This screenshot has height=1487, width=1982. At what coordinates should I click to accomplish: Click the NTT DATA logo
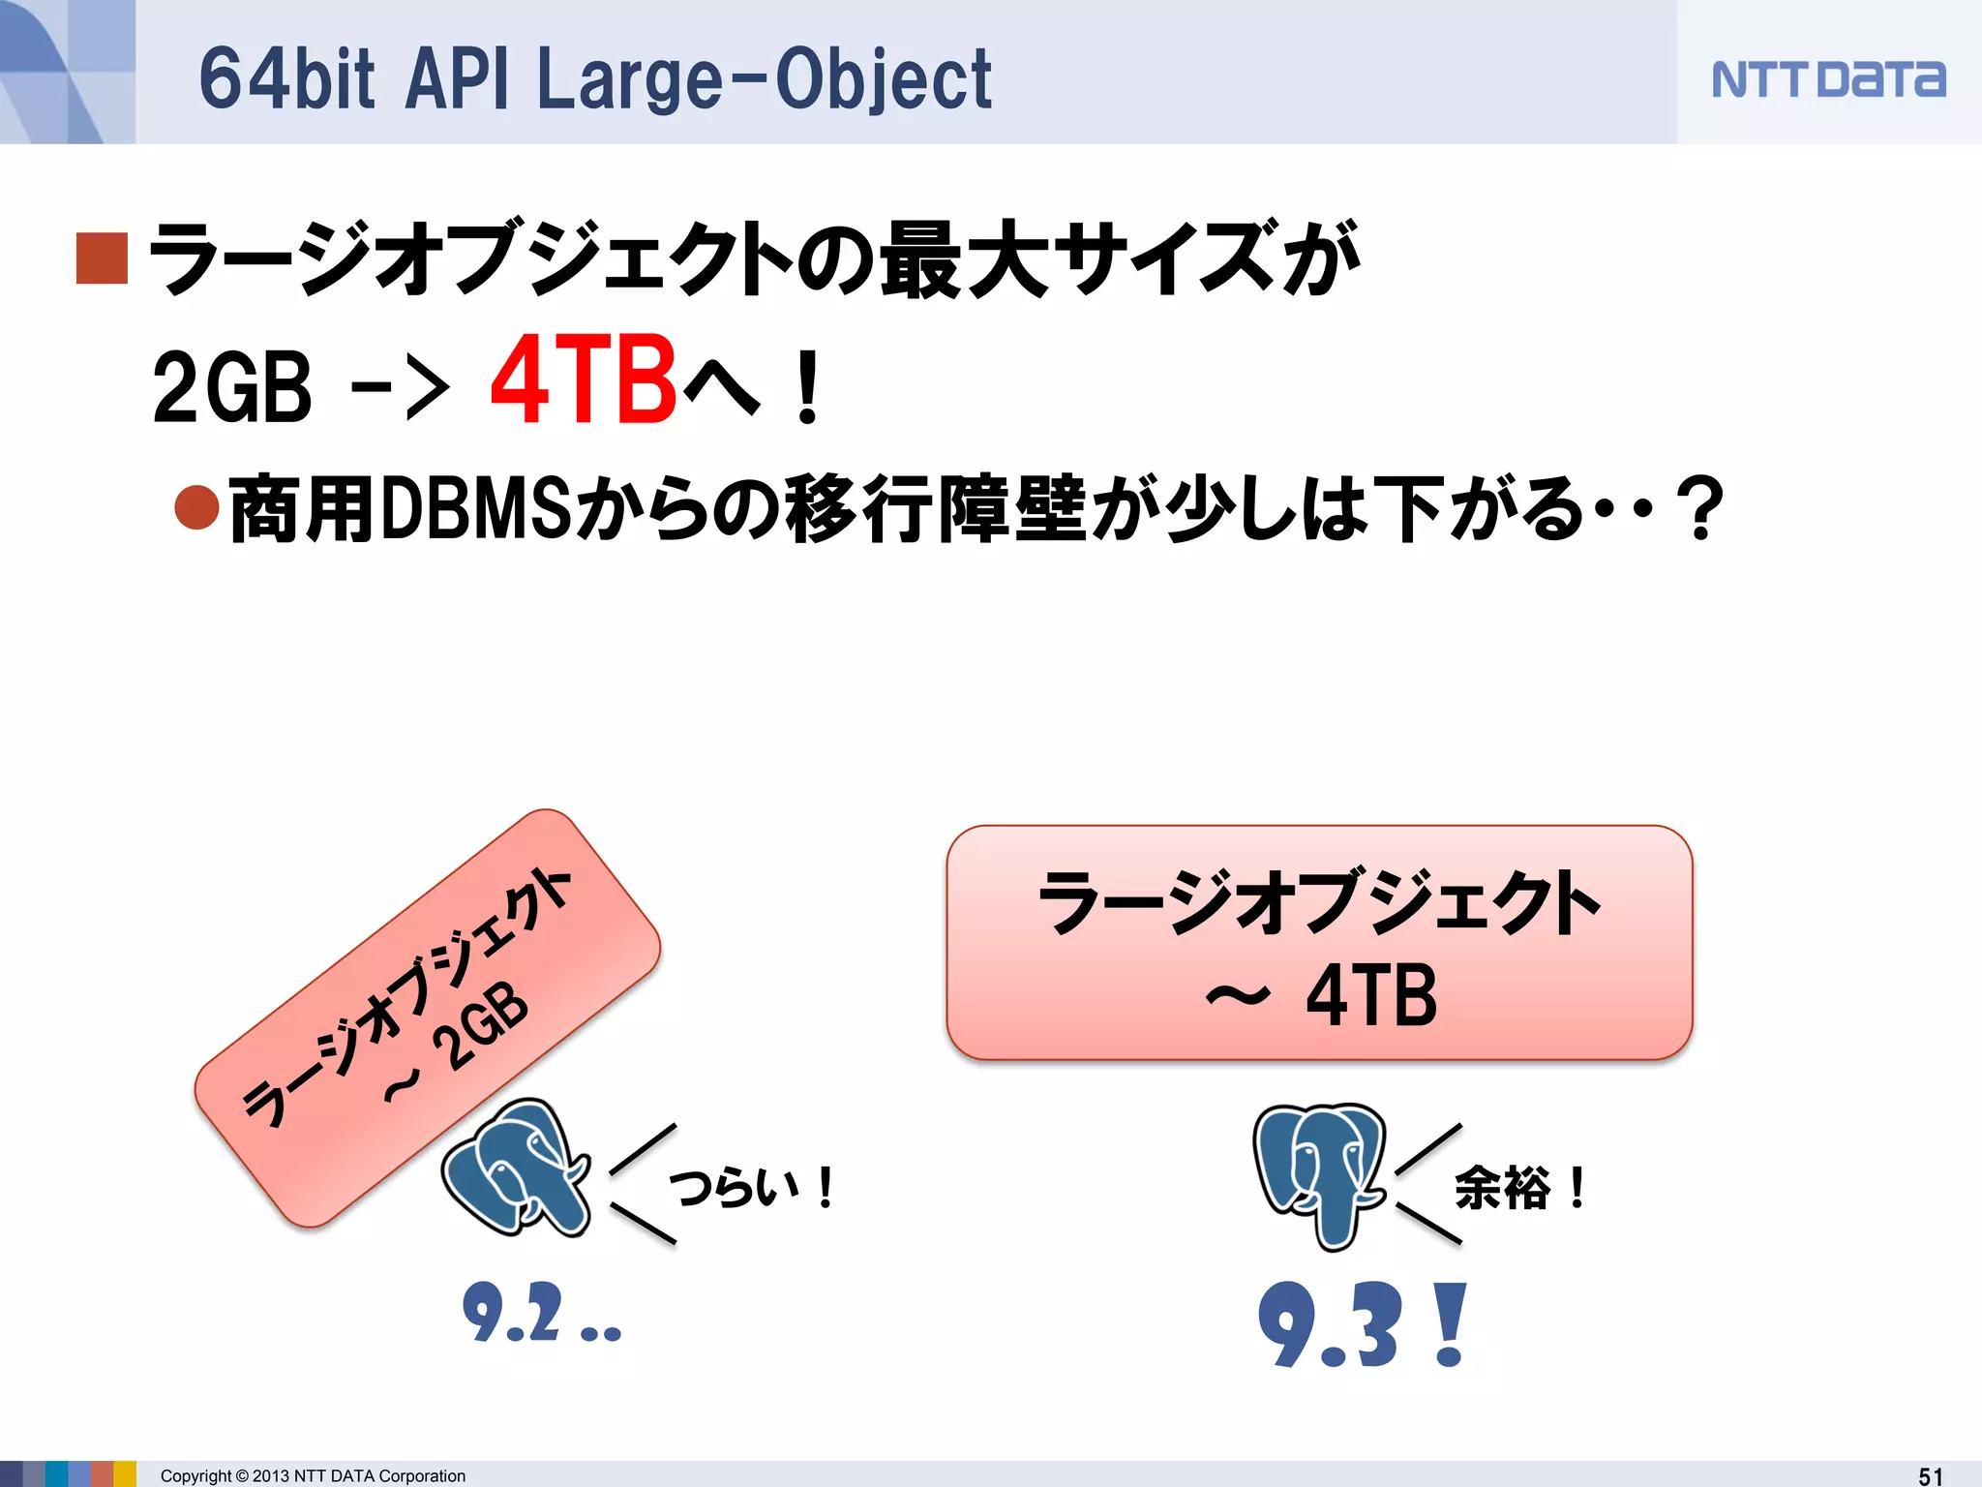[x=1827, y=79]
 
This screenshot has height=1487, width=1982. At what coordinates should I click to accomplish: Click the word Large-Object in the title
[x=764, y=79]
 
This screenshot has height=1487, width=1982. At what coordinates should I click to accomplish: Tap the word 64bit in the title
[x=286, y=79]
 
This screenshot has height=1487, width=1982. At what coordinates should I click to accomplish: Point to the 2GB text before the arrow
[x=232, y=387]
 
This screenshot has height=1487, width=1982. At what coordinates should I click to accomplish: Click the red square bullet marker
[x=102, y=258]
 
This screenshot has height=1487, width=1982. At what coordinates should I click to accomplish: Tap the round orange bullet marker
[x=197, y=506]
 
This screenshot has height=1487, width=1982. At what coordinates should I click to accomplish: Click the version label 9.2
[x=513, y=1313]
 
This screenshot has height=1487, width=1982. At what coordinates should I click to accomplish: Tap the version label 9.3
[x=1331, y=1324]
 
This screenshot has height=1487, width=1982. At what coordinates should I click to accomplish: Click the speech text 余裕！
[x=1519, y=1188]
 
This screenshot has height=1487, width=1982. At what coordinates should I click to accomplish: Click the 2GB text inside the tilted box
[x=480, y=1026]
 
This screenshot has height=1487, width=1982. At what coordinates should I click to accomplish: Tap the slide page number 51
[x=1931, y=1475]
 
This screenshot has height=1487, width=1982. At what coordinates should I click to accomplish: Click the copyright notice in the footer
[x=313, y=1475]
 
